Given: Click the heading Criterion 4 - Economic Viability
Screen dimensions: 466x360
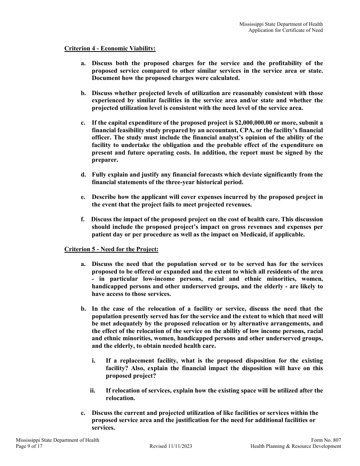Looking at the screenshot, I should pyautogui.click(x=110, y=48).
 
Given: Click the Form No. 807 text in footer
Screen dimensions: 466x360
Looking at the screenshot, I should pyautogui.click(x=326, y=440).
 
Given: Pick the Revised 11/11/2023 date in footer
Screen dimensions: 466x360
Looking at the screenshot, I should pyautogui.click(x=171, y=446).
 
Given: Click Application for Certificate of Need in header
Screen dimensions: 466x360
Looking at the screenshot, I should pyautogui.click(x=285, y=30).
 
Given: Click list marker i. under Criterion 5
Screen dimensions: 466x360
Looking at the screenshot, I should pyautogui.click(x=93, y=361).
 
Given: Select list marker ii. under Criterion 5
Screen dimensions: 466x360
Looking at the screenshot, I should pyautogui.click(x=92, y=391).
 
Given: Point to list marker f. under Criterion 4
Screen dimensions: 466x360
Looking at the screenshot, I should pyautogui.click(x=83, y=219).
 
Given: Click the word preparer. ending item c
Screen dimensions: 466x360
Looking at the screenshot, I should pyautogui.click(x=105, y=160).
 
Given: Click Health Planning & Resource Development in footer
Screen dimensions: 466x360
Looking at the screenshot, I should pyautogui.click(x=296, y=446).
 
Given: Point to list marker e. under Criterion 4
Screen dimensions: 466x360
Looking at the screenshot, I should pyautogui.click(x=83, y=197).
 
